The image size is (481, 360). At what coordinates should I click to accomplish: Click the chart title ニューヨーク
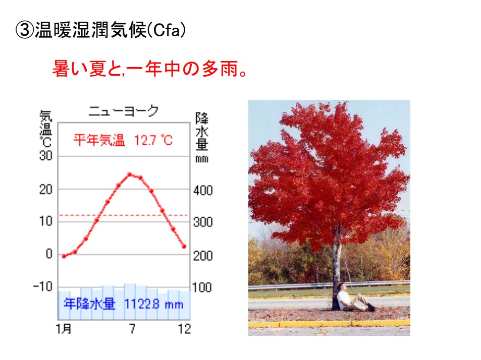(123, 111)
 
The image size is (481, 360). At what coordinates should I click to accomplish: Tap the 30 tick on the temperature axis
(46, 156)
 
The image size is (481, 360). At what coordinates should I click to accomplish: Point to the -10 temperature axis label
(43, 287)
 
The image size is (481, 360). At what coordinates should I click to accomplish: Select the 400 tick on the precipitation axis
(203, 191)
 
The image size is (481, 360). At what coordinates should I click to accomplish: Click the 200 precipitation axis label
(203, 256)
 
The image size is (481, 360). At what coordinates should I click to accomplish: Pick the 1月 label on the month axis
(64, 329)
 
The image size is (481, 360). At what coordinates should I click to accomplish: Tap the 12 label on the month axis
(184, 329)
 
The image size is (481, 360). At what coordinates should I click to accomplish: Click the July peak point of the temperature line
(129, 174)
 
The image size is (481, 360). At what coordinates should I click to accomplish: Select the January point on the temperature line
(64, 256)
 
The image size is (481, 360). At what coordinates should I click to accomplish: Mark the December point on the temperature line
(184, 247)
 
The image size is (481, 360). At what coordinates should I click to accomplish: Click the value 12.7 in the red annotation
(145, 140)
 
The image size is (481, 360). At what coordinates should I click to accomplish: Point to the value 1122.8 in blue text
(142, 304)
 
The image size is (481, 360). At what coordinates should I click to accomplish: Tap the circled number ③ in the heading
(24, 30)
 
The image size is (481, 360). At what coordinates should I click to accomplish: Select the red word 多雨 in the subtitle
(220, 69)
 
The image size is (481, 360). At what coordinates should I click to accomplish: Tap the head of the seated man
(342, 287)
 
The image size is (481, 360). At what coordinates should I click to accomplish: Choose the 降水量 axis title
(202, 132)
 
